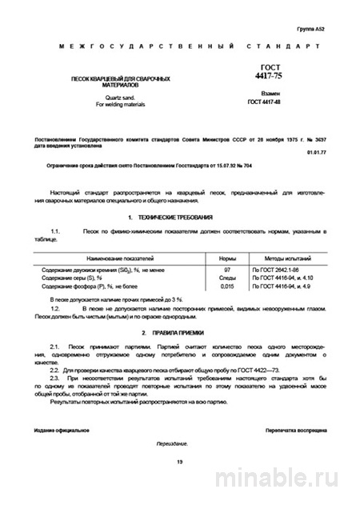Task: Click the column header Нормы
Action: (227, 260)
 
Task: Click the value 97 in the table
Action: (227, 271)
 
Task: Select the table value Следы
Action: (227, 279)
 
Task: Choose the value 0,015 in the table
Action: (227, 286)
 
